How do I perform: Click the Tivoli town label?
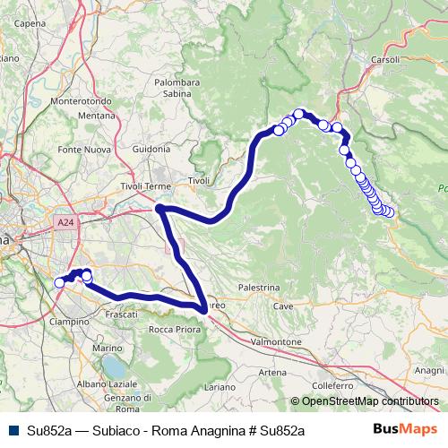click(x=198, y=181)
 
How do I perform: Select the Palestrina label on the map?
click(x=259, y=288)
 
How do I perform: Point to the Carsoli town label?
click(x=386, y=59)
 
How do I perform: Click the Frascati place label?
click(x=121, y=315)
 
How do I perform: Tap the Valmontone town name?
click(x=276, y=342)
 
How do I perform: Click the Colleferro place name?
click(x=334, y=386)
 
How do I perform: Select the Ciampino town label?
click(x=68, y=321)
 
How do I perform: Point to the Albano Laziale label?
click(x=106, y=383)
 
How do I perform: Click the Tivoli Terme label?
click(x=145, y=186)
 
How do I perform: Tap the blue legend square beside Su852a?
click(x=12, y=430)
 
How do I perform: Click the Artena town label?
click(x=272, y=372)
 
